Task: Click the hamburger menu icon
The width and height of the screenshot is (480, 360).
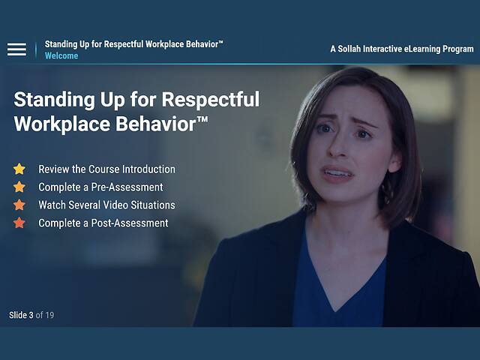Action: (16, 49)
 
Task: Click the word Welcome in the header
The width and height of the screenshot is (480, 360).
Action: (61, 56)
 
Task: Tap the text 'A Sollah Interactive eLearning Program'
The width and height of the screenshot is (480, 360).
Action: (401, 49)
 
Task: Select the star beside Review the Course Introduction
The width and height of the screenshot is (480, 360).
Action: (19, 169)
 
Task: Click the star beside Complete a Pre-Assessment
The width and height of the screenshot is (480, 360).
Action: (19, 187)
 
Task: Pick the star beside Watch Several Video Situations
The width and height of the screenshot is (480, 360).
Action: (19, 205)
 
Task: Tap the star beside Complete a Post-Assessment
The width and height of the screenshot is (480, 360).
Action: (19, 223)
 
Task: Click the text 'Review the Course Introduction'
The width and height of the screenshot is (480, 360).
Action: (106, 169)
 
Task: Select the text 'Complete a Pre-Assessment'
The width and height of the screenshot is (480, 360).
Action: (100, 187)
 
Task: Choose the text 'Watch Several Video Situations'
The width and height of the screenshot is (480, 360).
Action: (106, 205)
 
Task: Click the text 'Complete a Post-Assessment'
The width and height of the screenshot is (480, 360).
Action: (103, 223)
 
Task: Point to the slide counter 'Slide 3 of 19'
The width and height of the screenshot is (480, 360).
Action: (31, 315)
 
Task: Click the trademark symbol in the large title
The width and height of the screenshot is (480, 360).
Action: (202, 120)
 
